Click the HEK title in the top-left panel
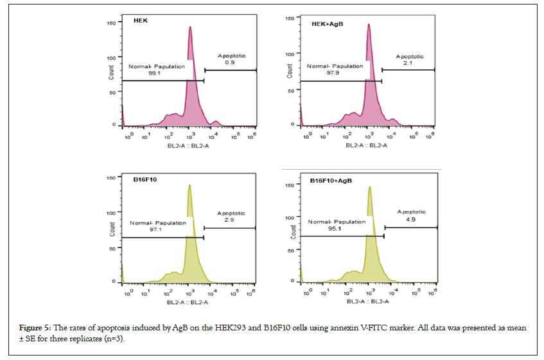click(141, 21)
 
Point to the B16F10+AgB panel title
click(332, 182)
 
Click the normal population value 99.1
click(154, 73)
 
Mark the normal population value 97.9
click(333, 73)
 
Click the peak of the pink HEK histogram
click(190, 27)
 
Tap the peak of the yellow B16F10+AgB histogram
click(370, 188)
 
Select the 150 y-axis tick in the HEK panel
click(110, 22)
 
